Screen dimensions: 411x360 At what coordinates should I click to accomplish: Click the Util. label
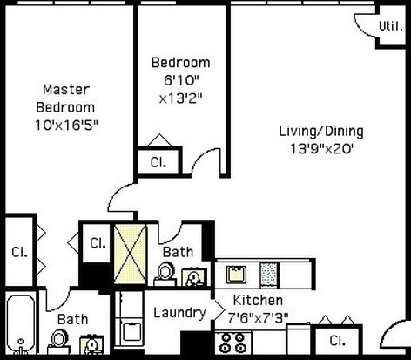coord(391,26)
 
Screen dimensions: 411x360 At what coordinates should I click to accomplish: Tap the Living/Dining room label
coord(321,131)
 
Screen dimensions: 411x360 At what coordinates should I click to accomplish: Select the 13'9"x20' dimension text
coord(321,149)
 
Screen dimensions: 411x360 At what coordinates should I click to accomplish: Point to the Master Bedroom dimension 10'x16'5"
coord(66,126)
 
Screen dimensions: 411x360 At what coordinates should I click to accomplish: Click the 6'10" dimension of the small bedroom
coord(181,80)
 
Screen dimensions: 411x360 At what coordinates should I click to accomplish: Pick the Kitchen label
coord(258,300)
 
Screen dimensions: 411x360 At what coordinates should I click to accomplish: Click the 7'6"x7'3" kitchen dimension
coord(258,318)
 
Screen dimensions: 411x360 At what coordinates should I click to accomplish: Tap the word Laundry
coord(179,313)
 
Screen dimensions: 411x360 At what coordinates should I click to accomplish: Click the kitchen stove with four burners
coord(233,343)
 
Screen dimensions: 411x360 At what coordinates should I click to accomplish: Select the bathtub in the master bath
coord(20,324)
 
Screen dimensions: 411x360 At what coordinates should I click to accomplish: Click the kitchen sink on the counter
coord(236,275)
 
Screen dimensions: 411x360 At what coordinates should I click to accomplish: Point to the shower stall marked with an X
coord(130,254)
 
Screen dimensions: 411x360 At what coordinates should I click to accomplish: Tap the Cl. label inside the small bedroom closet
coord(158,162)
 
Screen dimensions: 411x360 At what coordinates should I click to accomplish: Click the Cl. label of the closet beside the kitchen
coord(338,341)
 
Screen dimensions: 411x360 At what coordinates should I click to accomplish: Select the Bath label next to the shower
coord(178,252)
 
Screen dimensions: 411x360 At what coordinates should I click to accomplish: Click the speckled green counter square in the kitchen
coord(269,275)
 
